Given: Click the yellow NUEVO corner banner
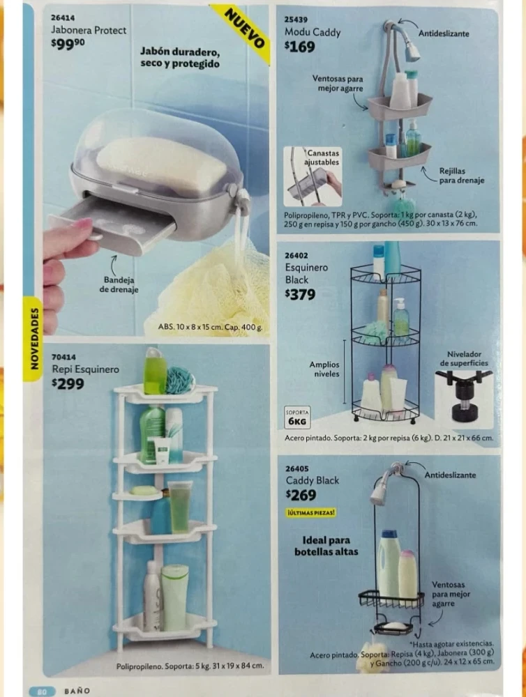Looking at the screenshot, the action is coord(243,31).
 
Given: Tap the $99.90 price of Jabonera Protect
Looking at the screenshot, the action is coord(68,43).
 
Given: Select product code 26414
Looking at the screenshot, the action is coord(63,18).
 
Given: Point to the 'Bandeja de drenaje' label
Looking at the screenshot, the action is coord(119,284).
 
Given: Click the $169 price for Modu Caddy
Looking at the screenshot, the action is coord(299,46).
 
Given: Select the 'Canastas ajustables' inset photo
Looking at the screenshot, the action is coord(313,176).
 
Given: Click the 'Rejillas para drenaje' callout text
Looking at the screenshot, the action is coord(462,176).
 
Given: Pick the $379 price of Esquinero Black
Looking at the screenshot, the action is coord(300,294).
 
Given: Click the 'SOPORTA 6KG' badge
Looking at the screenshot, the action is coord(296,417).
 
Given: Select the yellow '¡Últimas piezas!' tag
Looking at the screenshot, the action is coord(311,512).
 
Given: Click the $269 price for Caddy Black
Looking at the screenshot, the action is coord(301,495).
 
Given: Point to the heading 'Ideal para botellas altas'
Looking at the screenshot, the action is coord(326,546).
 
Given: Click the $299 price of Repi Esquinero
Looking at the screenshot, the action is coord(68,383).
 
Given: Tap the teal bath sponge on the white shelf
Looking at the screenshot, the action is coord(180,380).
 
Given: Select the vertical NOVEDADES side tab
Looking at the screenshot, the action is coord(33,338).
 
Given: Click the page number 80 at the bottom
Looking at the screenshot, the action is coord(42,691).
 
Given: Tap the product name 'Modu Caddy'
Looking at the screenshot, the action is coord(313,32).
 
